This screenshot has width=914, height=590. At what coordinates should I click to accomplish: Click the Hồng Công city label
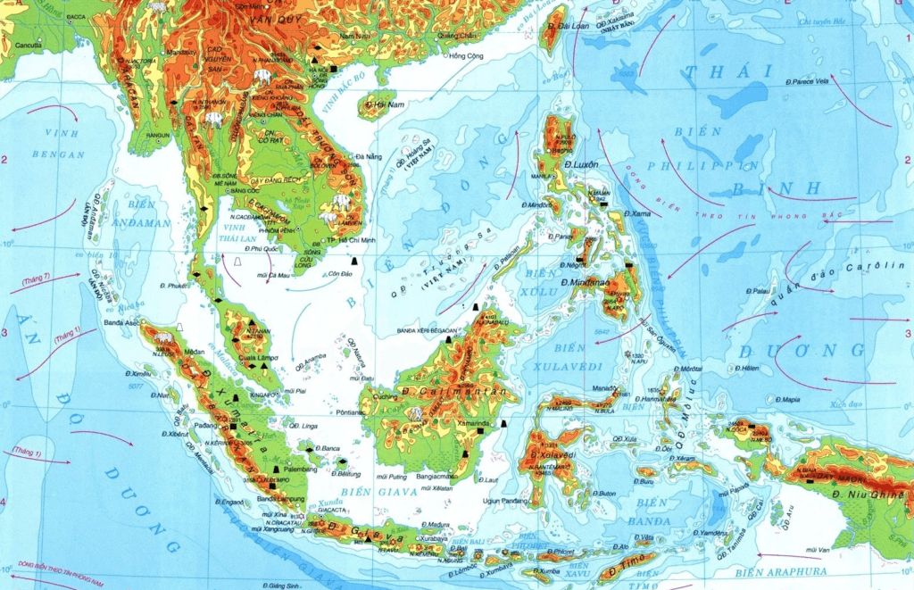(465, 56)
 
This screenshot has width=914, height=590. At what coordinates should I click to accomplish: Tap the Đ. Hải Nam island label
(379, 104)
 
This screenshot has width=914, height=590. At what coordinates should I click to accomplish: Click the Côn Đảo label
(340, 273)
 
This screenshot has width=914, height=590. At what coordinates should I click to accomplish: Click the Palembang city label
(300, 469)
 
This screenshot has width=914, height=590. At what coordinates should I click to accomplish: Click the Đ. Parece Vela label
(808, 81)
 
